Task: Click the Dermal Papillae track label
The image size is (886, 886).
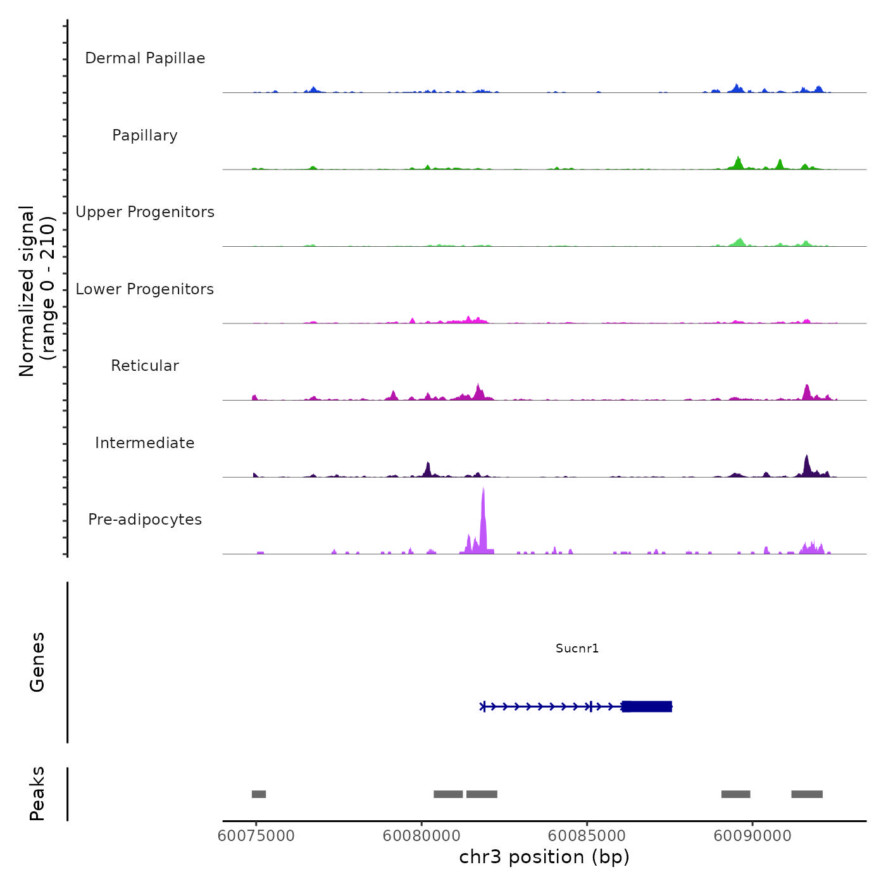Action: (x=145, y=58)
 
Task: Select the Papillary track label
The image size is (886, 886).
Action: (x=145, y=135)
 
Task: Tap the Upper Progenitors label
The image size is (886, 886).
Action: (x=145, y=212)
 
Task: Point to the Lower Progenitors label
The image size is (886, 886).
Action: (x=145, y=289)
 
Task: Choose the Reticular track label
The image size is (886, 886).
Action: (x=145, y=366)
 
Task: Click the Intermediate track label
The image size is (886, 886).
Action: (x=145, y=443)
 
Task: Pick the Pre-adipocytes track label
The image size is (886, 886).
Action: (x=145, y=520)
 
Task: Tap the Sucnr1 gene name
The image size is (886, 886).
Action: (x=577, y=648)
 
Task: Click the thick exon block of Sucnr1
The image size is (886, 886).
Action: (x=647, y=706)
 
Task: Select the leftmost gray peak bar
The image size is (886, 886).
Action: (x=259, y=794)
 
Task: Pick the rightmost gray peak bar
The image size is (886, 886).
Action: (x=807, y=794)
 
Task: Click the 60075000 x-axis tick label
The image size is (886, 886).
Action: (x=256, y=836)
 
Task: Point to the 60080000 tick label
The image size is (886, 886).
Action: (x=421, y=836)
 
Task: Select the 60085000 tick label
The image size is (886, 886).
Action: (x=587, y=836)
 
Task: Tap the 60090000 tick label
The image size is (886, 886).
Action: (x=752, y=836)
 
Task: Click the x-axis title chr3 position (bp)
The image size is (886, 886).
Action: (x=544, y=858)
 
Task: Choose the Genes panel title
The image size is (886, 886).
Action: (x=37, y=662)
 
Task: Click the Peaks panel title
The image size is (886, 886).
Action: (x=37, y=794)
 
